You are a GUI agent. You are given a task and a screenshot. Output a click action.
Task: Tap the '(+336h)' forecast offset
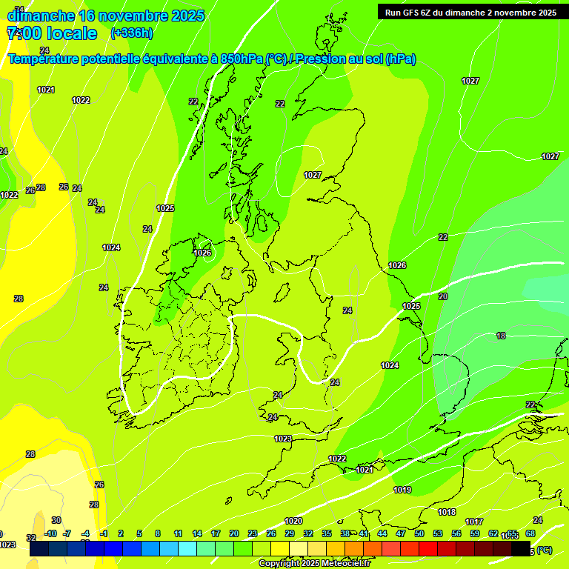(132, 33)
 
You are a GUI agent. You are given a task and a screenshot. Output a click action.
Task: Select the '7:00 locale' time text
(52, 33)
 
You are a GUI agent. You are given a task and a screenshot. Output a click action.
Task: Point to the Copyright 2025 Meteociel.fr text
(314, 564)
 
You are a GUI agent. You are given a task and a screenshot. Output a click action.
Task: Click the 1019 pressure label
(402, 490)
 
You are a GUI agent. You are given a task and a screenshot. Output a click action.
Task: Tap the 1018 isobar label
(447, 512)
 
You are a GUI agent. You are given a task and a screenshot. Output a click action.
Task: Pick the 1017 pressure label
(474, 522)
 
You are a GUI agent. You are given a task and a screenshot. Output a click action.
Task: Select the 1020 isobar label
(293, 521)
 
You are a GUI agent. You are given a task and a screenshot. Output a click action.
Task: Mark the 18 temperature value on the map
(501, 336)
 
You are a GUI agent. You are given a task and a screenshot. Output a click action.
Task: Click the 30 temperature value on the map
(56, 520)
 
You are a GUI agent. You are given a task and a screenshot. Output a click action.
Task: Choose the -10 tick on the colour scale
(50, 533)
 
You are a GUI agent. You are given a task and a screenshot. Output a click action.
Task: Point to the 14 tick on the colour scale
(197, 533)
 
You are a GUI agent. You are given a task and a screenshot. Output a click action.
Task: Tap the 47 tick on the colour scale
(401, 533)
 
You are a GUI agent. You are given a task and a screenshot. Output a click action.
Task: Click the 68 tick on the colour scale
(530, 533)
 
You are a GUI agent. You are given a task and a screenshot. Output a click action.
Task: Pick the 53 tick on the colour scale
(438, 533)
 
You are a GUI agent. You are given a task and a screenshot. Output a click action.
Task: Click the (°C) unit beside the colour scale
(544, 550)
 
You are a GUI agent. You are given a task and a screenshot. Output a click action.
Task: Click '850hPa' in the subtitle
(242, 59)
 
